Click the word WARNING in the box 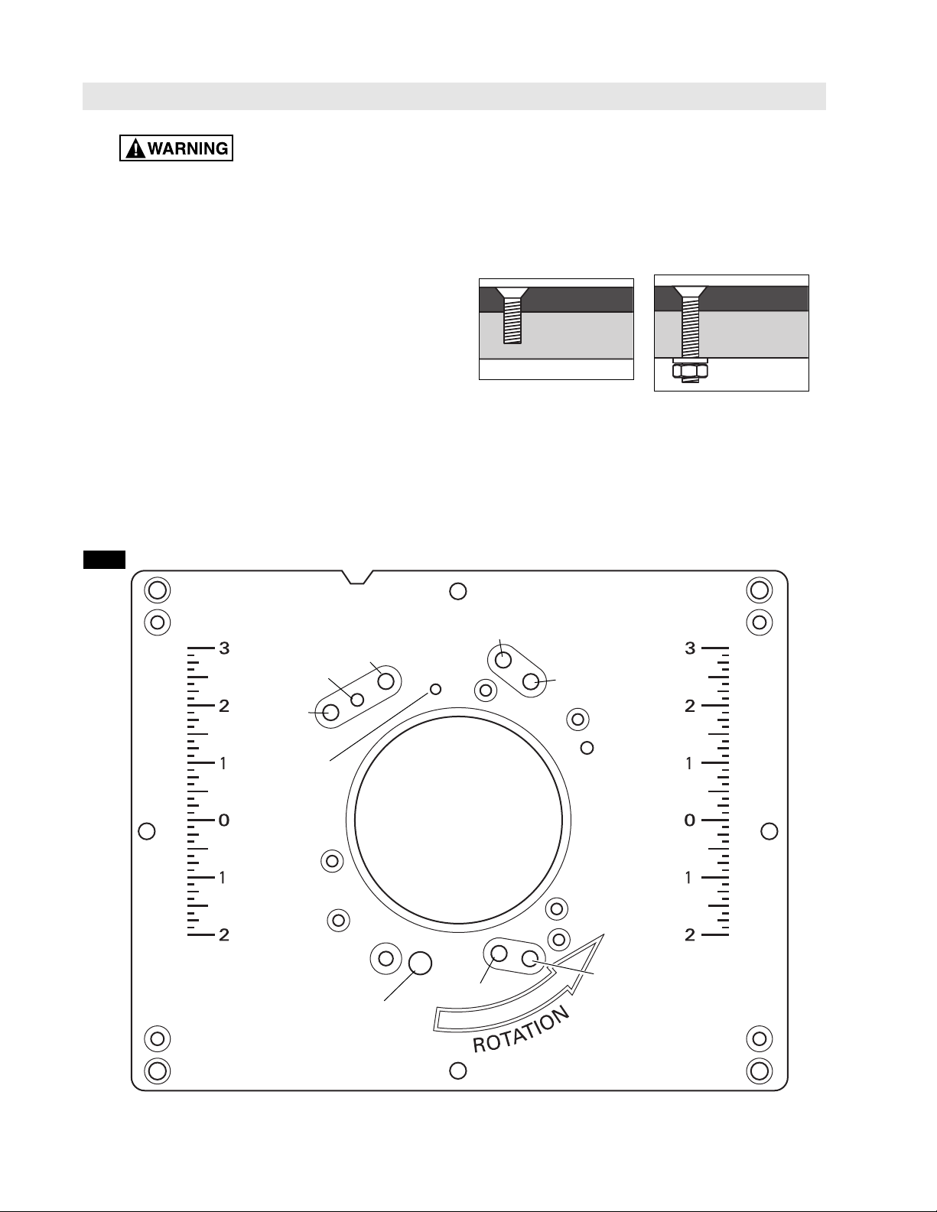188,149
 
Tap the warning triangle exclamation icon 135,149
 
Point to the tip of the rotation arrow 604,934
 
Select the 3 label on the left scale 224,648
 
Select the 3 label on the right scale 691,648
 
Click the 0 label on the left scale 223,820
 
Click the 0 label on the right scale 690,820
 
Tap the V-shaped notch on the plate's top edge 357,577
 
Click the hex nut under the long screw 690,370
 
